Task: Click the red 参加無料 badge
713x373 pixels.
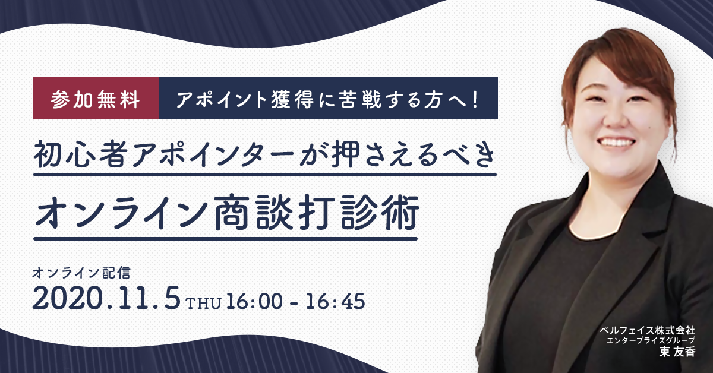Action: (96, 98)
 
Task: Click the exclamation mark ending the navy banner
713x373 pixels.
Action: (476, 99)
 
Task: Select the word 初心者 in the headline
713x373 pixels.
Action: (78, 156)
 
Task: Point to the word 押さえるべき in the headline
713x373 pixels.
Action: (413, 156)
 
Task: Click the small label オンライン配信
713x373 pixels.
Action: (81, 273)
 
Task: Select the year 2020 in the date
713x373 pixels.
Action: (68, 298)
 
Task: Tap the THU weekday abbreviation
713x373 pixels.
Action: (203, 303)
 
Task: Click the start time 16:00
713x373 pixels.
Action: (254, 301)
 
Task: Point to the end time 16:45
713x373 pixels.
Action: (335, 301)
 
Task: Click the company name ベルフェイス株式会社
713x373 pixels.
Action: (647, 330)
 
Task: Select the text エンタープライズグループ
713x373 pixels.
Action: (651, 340)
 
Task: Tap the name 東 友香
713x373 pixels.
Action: (677, 352)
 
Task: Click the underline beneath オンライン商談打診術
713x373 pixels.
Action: (225, 238)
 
